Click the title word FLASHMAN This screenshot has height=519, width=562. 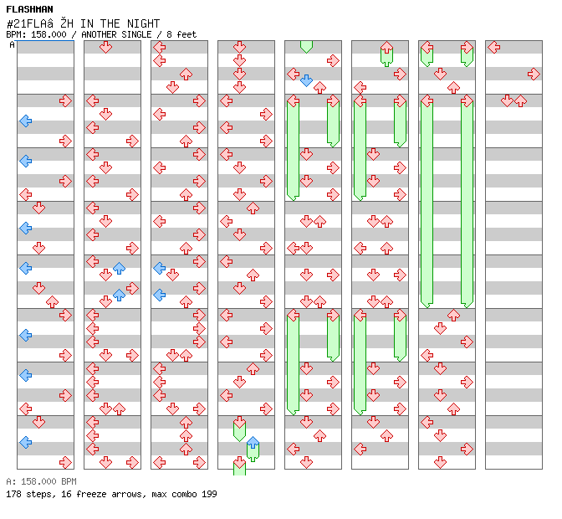[29, 9]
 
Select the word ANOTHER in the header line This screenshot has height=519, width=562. [99, 34]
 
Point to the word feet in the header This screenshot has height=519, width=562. [186, 34]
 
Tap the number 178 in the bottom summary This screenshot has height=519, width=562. [13, 494]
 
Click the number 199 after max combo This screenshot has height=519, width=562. [209, 494]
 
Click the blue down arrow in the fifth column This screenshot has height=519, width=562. [306, 80]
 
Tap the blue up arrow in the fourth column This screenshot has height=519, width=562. [253, 443]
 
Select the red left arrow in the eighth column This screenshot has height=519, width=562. [494, 47]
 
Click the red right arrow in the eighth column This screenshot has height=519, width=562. [534, 75]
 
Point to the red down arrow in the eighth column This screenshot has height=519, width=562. [507, 100]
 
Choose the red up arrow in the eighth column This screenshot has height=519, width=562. [520, 100]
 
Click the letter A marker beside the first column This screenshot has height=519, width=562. [12, 45]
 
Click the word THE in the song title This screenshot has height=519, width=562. [110, 23]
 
